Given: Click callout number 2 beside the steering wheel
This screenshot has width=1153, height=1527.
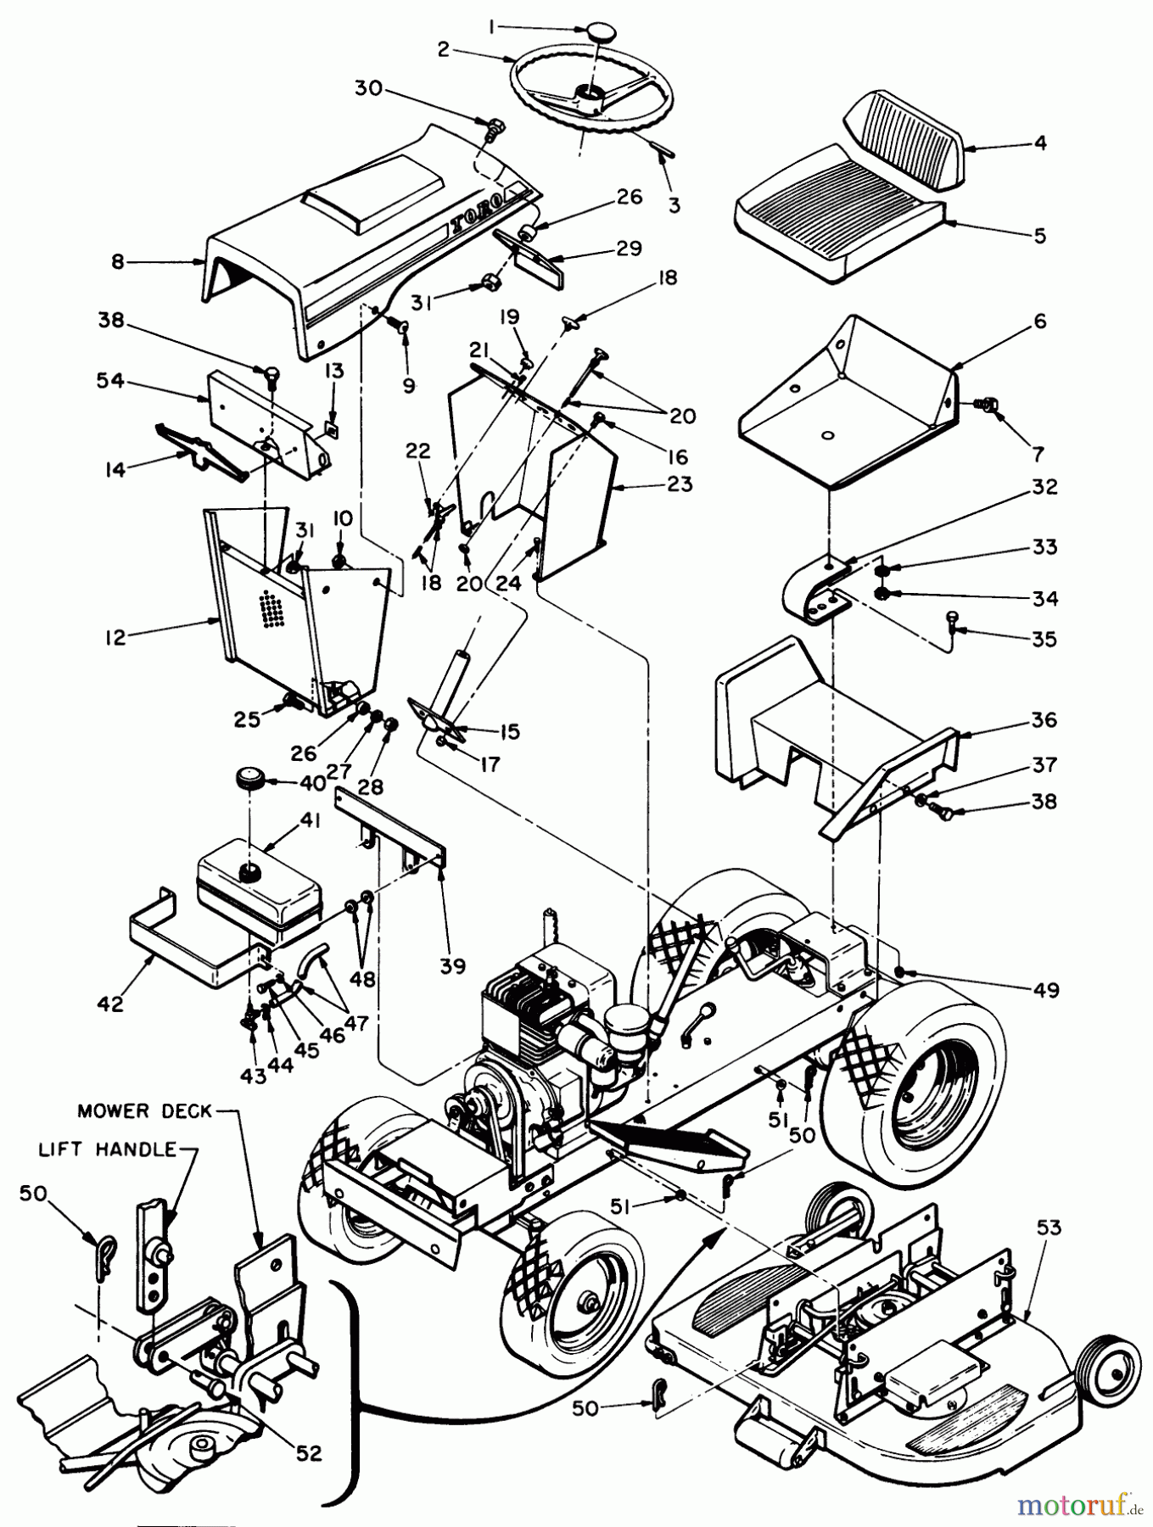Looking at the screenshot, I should tap(442, 49).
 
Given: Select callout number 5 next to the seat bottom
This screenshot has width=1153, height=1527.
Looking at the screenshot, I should tap(1039, 235).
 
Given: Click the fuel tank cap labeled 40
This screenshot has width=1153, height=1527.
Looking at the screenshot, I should tap(251, 777).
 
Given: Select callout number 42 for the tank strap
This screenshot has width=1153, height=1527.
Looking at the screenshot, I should tap(111, 1004).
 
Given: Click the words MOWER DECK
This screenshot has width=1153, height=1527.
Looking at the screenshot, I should tap(144, 1110).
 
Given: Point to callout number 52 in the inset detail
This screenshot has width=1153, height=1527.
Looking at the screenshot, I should tap(309, 1453).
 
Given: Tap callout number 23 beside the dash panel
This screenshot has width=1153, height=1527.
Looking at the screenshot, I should tap(680, 484).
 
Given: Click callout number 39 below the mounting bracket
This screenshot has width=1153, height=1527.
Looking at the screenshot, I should tap(453, 966).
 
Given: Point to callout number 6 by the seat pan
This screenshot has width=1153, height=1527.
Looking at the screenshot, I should tap(1039, 322).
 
